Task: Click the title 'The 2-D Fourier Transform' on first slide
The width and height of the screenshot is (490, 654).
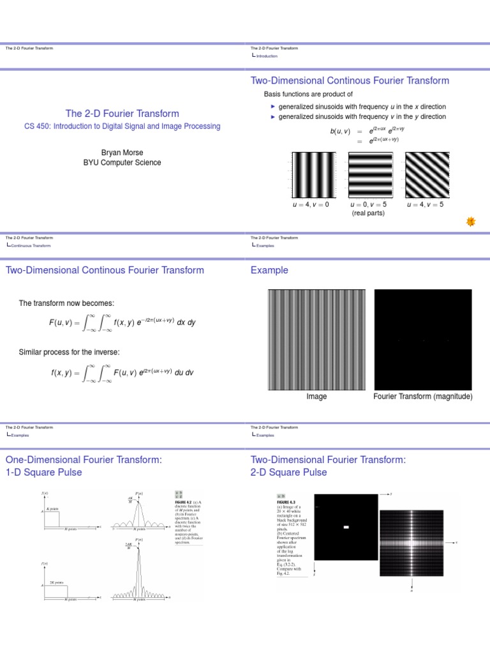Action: (122, 113)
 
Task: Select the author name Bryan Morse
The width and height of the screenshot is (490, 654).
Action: (122, 152)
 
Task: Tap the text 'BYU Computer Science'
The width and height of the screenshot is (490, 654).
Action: (122, 162)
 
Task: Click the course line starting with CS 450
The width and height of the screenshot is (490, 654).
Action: (122, 126)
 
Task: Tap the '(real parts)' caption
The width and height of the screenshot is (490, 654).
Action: (368, 213)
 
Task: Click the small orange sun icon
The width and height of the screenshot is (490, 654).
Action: (471, 221)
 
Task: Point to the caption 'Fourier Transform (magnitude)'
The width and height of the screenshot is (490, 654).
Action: (423, 397)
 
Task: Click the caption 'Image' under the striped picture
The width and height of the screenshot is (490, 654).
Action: (316, 397)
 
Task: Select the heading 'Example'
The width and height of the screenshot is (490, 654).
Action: (269, 270)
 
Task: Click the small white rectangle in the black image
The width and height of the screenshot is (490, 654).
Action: (346, 527)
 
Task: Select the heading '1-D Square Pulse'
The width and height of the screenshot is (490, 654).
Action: (45, 473)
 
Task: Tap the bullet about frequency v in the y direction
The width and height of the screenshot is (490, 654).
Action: (362, 117)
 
